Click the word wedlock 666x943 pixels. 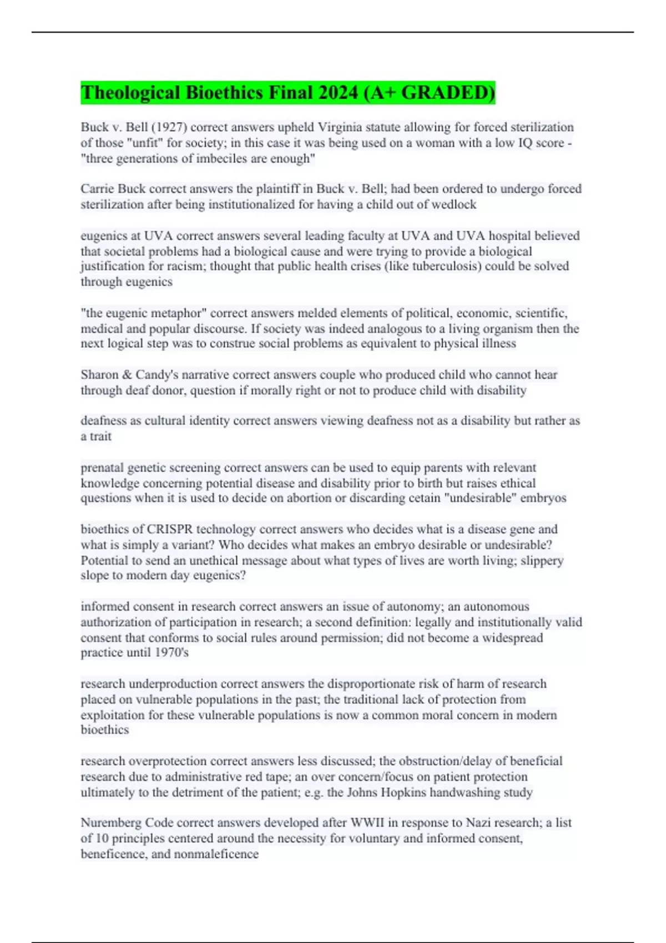tap(453, 204)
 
